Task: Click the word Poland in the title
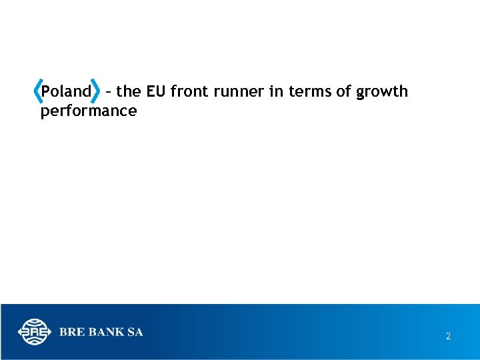(65, 91)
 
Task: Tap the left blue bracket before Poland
(37, 91)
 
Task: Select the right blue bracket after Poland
(99, 91)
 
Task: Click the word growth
(382, 92)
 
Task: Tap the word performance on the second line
(88, 111)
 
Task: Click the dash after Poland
(109, 92)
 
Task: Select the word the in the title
(128, 91)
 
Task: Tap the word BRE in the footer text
(71, 332)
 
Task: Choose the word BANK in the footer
(105, 332)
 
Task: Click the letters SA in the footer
(135, 332)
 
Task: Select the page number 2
(448, 337)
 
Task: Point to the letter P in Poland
(45, 91)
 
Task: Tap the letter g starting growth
(361, 93)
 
